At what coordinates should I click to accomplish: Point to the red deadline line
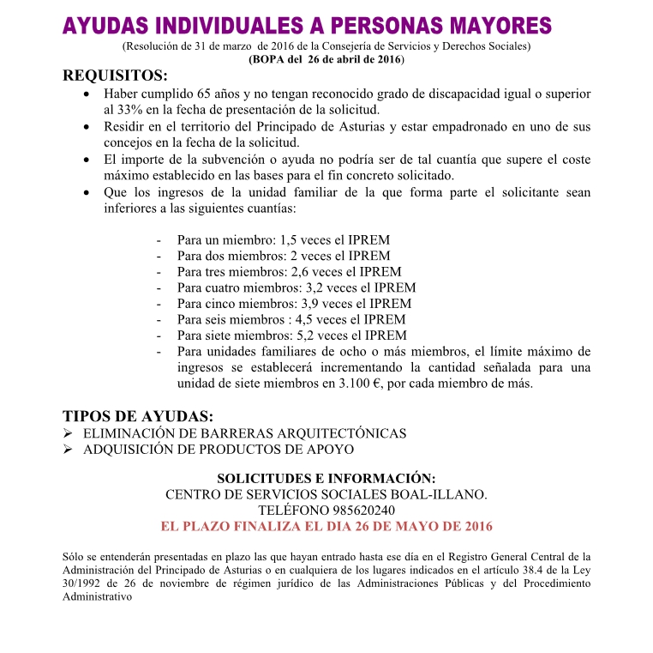326,526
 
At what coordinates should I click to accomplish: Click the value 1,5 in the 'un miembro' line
290,240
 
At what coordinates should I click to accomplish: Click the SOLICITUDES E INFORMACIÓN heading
326,478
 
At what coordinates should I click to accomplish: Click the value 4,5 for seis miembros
305,319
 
